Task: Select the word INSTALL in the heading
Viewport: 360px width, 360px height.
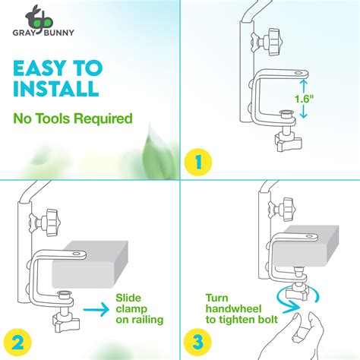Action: pos(55,89)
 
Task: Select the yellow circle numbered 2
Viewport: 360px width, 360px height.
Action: pos(17,341)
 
